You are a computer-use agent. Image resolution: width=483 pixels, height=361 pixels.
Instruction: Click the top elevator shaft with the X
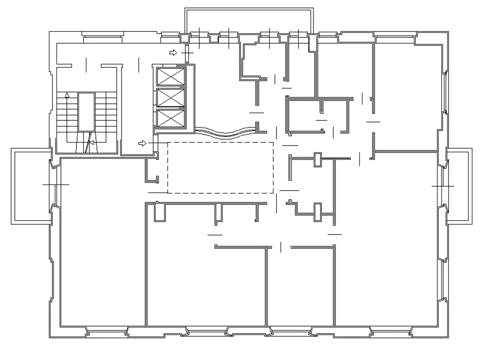tap(171, 77)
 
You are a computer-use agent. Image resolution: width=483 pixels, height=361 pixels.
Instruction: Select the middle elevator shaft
tap(171, 98)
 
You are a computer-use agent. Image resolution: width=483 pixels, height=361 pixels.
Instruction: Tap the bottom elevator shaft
tap(171, 119)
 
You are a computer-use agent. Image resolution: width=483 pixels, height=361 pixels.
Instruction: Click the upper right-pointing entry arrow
tap(173, 53)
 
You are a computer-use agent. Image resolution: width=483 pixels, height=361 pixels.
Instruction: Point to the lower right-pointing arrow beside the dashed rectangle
tap(142, 143)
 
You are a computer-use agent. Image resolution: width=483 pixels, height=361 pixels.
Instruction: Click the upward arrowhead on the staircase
tap(67, 95)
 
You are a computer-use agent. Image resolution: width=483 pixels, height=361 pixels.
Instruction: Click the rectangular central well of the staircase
tap(86, 112)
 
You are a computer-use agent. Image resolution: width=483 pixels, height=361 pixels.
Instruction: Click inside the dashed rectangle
tap(220, 168)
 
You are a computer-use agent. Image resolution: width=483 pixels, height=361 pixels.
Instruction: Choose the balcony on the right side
tap(459, 186)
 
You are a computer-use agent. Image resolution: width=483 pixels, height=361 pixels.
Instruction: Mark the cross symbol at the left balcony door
tap(55, 184)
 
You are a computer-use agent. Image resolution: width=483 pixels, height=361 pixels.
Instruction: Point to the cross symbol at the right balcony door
tap(443, 186)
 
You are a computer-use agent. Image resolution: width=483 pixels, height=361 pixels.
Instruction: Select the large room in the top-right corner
tap(408, 94)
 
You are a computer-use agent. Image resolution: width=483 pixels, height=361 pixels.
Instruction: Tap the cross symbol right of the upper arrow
tap(187, 53)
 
